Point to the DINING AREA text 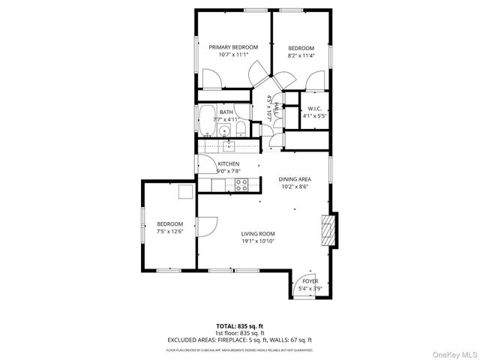click(295, 179)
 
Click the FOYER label click(310, 282)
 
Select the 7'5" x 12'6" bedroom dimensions click(169, 232)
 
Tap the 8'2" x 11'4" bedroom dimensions click(301, 55)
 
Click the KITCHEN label click(229, 163)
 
